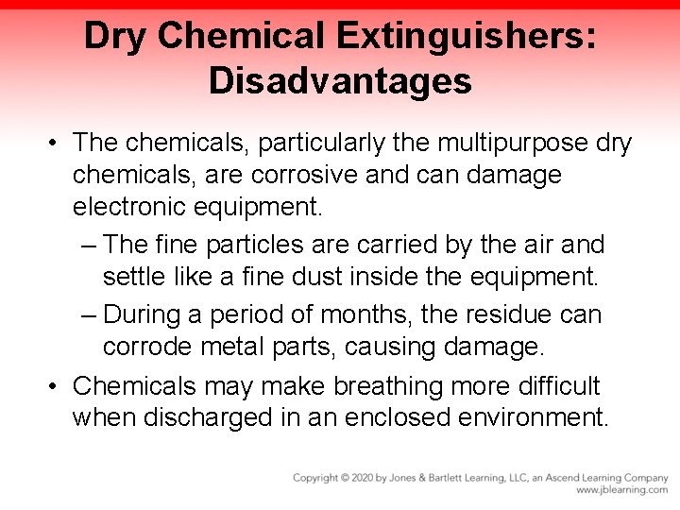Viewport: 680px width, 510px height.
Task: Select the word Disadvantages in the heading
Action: coord(340,81)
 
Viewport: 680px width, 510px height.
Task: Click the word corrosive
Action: coord(313,176)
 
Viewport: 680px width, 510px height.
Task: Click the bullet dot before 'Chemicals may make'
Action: coord(56,387)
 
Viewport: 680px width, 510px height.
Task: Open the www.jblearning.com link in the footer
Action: coord(620,490)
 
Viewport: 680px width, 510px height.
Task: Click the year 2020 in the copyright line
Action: coord(364,478)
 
